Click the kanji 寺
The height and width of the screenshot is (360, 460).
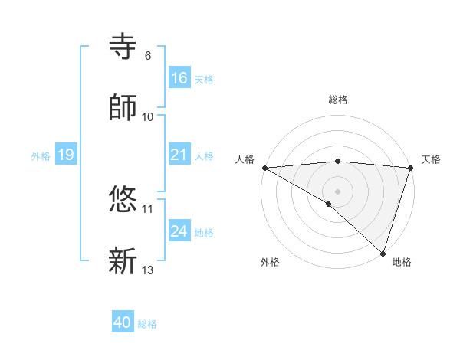click(x=123, y=47)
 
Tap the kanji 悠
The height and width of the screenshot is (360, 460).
click(x=123, y=200)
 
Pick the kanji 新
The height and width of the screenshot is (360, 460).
click(x=123, y=260)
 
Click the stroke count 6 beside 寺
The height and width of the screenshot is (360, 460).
click(x=147, y=56)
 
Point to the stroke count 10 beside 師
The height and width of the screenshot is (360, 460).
click(x=148, y=116)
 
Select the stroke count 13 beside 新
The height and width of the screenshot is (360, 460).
click(x=148, y=270)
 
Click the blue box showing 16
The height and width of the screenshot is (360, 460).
click(x=179, y=78)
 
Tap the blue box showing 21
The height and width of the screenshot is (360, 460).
click(x=179, y=155)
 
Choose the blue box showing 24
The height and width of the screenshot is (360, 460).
click(x=179, y=231)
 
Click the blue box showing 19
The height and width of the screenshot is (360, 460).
click(x=66, y=155)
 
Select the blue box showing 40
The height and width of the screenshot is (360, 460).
click(x=123, y=322)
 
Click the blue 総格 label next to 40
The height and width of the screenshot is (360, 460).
click(x=147, y=324)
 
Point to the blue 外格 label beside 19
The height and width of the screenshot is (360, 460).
click(x=41, y=156)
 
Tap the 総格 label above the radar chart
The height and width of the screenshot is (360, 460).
click(x=337, y=100)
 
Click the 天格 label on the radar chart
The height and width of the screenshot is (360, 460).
click(x=431, y=159)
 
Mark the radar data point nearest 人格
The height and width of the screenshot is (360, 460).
click(x=264, y=168)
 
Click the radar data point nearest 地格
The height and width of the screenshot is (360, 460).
click(x=383, y=254)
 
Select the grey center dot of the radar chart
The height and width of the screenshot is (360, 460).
click(x=337, y=191)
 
